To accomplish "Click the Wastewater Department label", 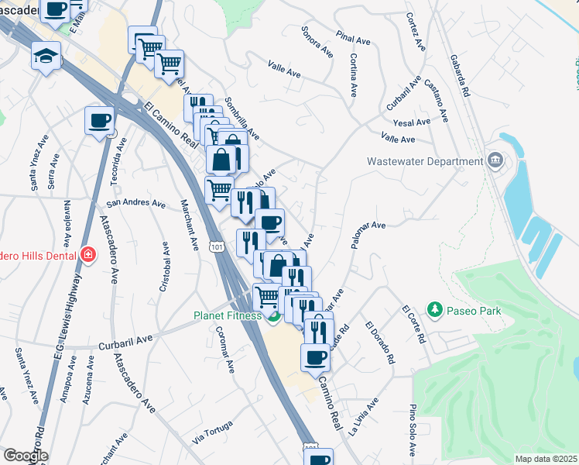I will [x=425, y=162].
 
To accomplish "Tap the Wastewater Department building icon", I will [x=496, y=162].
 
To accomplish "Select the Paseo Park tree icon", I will [x=435, y=311].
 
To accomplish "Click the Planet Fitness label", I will [x=228, y=315].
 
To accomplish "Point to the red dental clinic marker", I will [x=88, y=254].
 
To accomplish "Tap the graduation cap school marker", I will [x=46, y=56].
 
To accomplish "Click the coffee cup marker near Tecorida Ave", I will [x=100, y=121].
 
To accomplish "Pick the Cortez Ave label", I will [x=416, y=33].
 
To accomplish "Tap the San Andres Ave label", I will [x=136, y=205].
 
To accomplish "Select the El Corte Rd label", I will [x=414, y=325].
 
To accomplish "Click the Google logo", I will [x=25, y=456].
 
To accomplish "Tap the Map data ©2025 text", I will [x=546, y=459].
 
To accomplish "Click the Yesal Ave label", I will [x=411, y=122].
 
